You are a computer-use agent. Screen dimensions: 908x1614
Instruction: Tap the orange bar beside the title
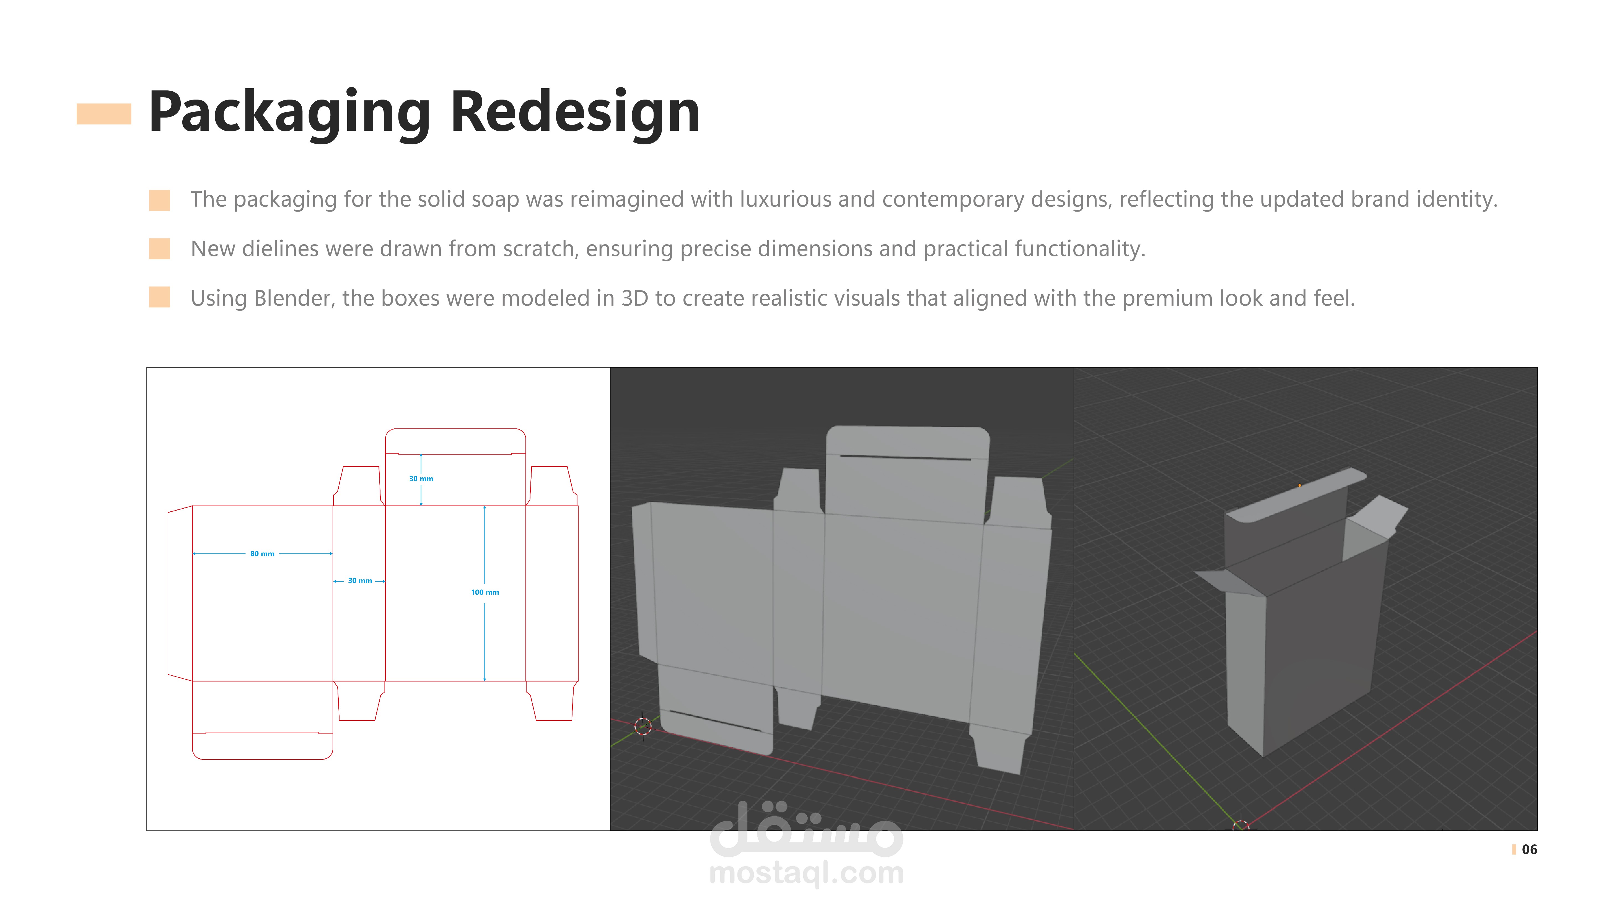click(x=103, y=114)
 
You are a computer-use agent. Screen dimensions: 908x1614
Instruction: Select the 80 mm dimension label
click(x=262, y=553)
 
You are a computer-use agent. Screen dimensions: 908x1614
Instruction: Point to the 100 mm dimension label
click(x=485, y=592)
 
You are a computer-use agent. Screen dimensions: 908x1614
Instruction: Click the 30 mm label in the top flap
click(x=421, y=479)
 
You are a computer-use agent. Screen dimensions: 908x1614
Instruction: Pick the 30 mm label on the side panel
click(x=360, y=581)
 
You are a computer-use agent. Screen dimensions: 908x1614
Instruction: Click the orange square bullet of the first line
click(x=159, y=201)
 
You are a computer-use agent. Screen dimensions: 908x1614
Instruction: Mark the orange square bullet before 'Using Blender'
click(x=159, y=297)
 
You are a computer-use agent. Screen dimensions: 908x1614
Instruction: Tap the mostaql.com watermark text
click(x=806, y=873)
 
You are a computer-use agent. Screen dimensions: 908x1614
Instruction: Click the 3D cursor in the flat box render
click(x=643, y=726)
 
